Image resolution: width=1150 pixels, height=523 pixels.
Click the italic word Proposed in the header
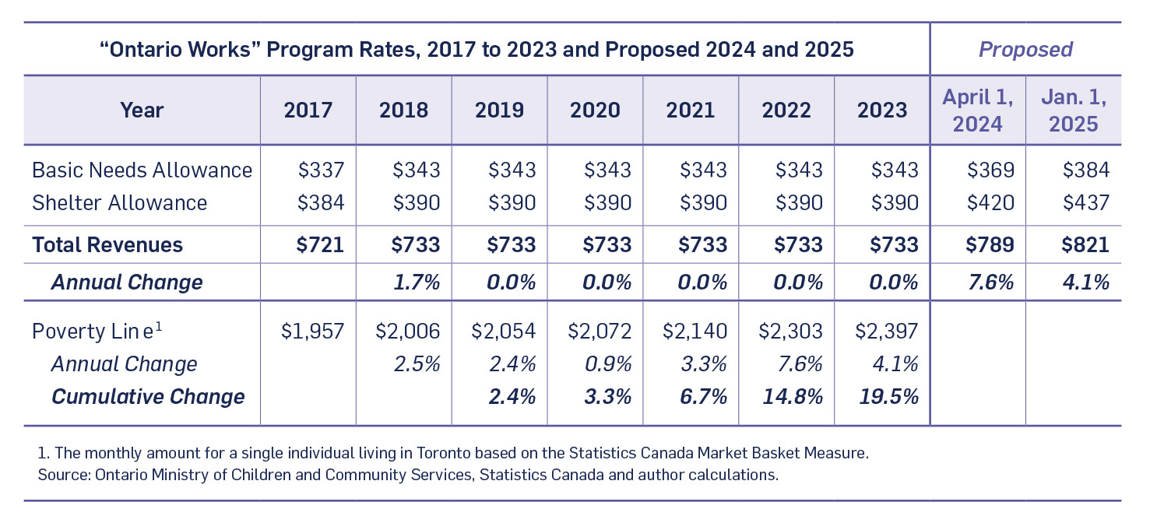click(x=1025, y=50)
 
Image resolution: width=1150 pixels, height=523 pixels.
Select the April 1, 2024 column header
click(x=978, y=110)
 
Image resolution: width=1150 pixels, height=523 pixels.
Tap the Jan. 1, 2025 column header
click(x=1074, y=110)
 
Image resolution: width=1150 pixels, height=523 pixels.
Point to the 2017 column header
click(x=308, y=110)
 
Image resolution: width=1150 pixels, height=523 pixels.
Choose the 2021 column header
click(x=691, y=110)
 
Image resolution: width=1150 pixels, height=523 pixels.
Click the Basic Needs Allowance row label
click(x=142, y=170)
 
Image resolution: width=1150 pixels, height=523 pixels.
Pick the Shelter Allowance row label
click(x=119, y=203)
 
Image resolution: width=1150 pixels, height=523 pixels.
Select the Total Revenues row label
click(x=107, y=244)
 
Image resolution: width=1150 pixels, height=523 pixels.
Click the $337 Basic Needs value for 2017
click(x=320, y=170)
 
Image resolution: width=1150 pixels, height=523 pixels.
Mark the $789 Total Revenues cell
click(x=990, y=244)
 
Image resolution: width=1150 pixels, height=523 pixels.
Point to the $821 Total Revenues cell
click(x=1085, y=244)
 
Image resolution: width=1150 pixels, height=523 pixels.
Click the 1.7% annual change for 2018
click(x=417, y=282)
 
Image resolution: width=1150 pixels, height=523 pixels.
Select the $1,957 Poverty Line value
click(x=312, y=331)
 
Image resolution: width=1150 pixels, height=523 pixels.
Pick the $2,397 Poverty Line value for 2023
click(x=886, y=331)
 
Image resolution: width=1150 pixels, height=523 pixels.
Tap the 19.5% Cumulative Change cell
click(x=888, y=396)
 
